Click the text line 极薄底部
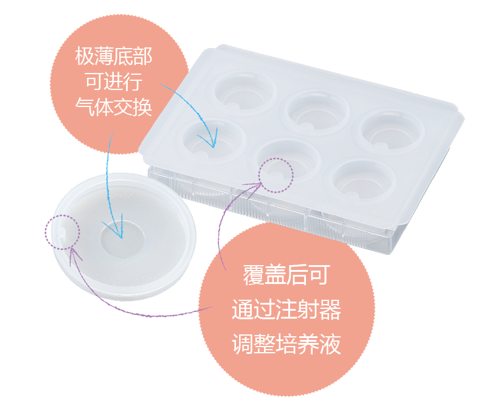[x=114, y=57]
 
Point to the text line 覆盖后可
[x=285, y=275]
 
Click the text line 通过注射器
[x=285, y=311]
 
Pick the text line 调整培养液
[x=285, y=345]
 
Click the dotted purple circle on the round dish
[x=62, y=230]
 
